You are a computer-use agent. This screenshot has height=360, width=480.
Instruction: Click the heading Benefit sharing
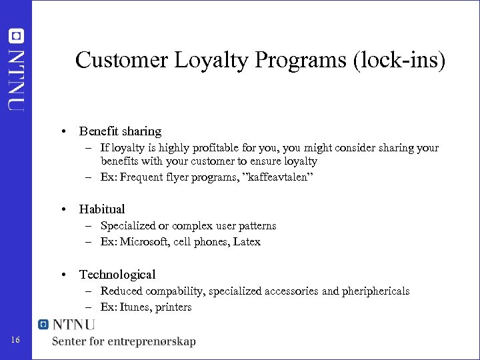[x=120, y=131]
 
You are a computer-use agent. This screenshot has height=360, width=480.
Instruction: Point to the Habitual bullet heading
[x=102, y=209]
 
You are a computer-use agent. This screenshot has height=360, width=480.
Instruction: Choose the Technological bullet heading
[x=117, y=274]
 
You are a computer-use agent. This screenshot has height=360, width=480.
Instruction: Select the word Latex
[x=246, y=241]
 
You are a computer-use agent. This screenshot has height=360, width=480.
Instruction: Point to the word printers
[x=173, y=307]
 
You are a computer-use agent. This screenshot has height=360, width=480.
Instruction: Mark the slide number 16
[x=15, y=341]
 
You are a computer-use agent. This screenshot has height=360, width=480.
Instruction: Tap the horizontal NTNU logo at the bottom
[x=67, y=325]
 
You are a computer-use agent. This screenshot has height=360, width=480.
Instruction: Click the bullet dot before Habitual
[x=63, y=209]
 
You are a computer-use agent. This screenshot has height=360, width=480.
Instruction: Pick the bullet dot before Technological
[x=63, y=274]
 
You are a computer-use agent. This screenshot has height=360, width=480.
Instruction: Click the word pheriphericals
[x=374, y=291]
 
